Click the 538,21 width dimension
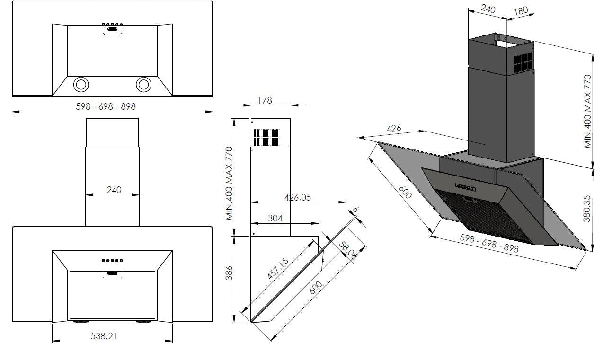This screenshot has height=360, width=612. [112, 336]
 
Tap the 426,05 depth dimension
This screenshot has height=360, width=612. [298, 197]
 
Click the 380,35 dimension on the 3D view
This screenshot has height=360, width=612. [587, 208]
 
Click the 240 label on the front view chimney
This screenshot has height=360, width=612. [114, 190]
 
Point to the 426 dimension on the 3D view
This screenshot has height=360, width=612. [394, 128]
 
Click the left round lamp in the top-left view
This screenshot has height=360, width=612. [80, 85]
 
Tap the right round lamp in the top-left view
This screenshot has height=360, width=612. [143, 85]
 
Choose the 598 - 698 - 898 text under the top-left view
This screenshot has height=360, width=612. [106, 107]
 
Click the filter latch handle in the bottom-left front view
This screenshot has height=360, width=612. [112, 273]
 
